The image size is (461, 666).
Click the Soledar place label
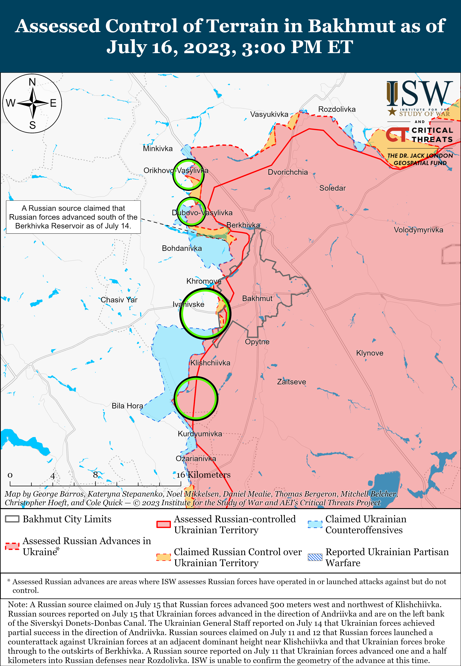coord(333,188)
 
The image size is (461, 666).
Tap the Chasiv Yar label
coord(119,300)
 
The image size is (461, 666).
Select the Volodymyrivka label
coord(418,230)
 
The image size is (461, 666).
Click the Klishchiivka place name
coord(210,363)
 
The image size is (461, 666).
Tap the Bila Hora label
coord(127,406)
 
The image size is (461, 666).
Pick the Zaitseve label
coord(292,382)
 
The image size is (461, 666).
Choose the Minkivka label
coord(158,149)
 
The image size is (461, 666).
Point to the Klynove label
coord(370,353)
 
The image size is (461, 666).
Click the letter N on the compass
coord(32,82)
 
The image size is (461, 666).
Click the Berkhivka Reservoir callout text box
coord(73,217)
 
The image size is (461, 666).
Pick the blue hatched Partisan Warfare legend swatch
coord(315,557)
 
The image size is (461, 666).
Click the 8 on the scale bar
coord(95,475)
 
